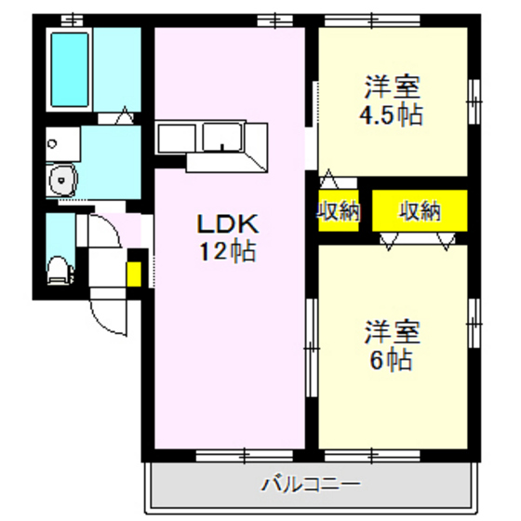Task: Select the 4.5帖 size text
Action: pos(392,115)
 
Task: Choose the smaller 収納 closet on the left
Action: pos(337,211)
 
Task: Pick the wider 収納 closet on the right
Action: pos(420,211)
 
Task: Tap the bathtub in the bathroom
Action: pos(69,69)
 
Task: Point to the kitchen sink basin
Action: pos(222,138)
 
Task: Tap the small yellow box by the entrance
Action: pos(134,275)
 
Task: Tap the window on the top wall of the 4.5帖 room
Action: pos(368,19)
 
